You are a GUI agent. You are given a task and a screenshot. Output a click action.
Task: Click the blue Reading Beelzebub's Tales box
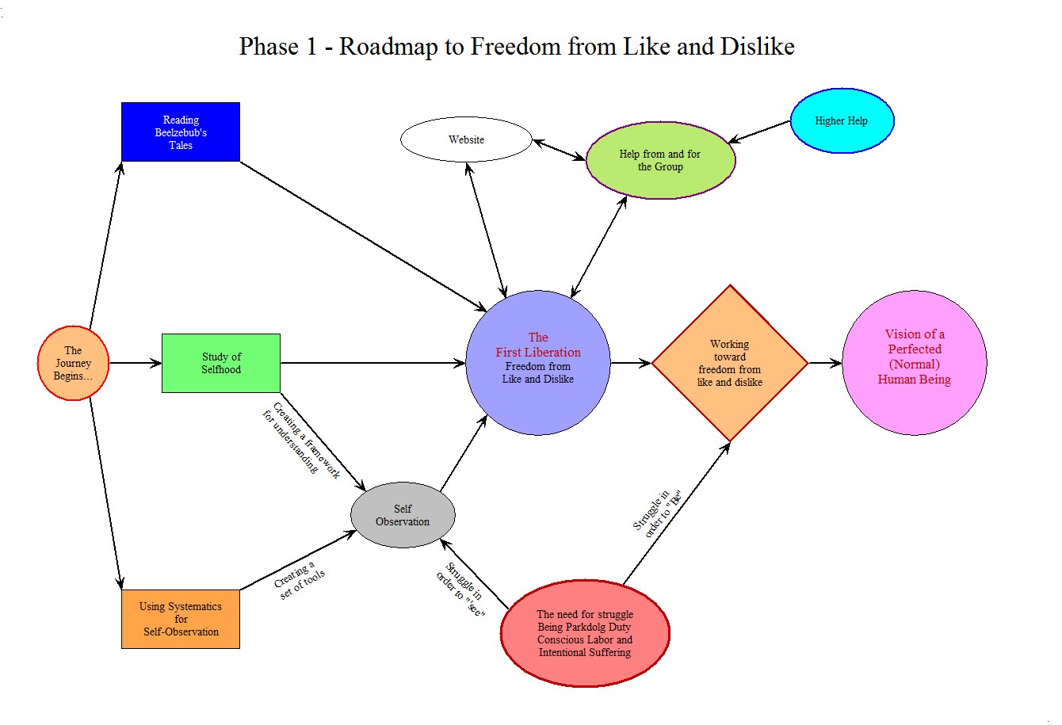(180, 132)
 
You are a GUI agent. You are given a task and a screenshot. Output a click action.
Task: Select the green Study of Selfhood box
(220, 363)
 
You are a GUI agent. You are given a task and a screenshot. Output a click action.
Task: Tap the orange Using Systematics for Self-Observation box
(180, 619)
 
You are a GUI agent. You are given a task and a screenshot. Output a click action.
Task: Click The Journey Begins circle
(73, 363)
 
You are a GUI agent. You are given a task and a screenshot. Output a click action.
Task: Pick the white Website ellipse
(466, 139)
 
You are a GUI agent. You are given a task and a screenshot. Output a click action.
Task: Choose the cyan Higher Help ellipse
(842, 120)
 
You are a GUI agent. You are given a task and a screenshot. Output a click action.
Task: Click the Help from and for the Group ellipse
(660, 160)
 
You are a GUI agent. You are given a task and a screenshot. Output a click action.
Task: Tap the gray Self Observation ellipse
(403, 515)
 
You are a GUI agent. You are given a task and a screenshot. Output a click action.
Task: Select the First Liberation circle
(538, 362)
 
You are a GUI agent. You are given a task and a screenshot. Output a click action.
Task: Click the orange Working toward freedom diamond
(729, 363)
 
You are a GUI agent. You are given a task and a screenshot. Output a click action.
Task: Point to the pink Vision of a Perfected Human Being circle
(914, 362)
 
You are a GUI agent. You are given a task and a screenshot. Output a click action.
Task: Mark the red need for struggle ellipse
(585, 633)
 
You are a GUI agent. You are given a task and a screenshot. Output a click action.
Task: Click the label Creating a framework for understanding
(301, 441)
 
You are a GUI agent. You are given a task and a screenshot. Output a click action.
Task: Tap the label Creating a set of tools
(299, 581)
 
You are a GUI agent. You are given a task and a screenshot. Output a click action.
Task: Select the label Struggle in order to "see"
(462, 590)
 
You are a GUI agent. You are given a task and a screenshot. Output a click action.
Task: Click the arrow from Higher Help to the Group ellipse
(760, 132)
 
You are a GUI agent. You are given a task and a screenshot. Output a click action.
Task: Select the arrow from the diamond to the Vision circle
(825, 363)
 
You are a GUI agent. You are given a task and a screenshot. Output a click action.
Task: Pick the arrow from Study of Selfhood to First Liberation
(372, 363)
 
